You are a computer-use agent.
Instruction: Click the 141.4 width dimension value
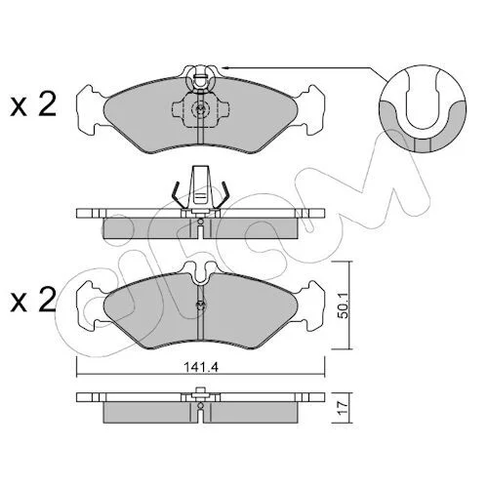click(x=201, y=367)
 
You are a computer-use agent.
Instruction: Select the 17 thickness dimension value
click(x=345, y=408)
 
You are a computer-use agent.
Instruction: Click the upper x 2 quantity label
click(x=33, y=104)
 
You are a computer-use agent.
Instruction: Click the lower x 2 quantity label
click(x=33, y=300)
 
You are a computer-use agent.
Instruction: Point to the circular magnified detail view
click(x=423, y=108)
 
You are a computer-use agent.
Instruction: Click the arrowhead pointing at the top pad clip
click(x=225, y=67)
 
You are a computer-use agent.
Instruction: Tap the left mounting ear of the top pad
click(x=91, y=109)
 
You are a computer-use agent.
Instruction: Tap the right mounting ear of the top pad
click(x=310, y=109)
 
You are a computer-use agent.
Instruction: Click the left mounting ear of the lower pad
click(x=91, y=305)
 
